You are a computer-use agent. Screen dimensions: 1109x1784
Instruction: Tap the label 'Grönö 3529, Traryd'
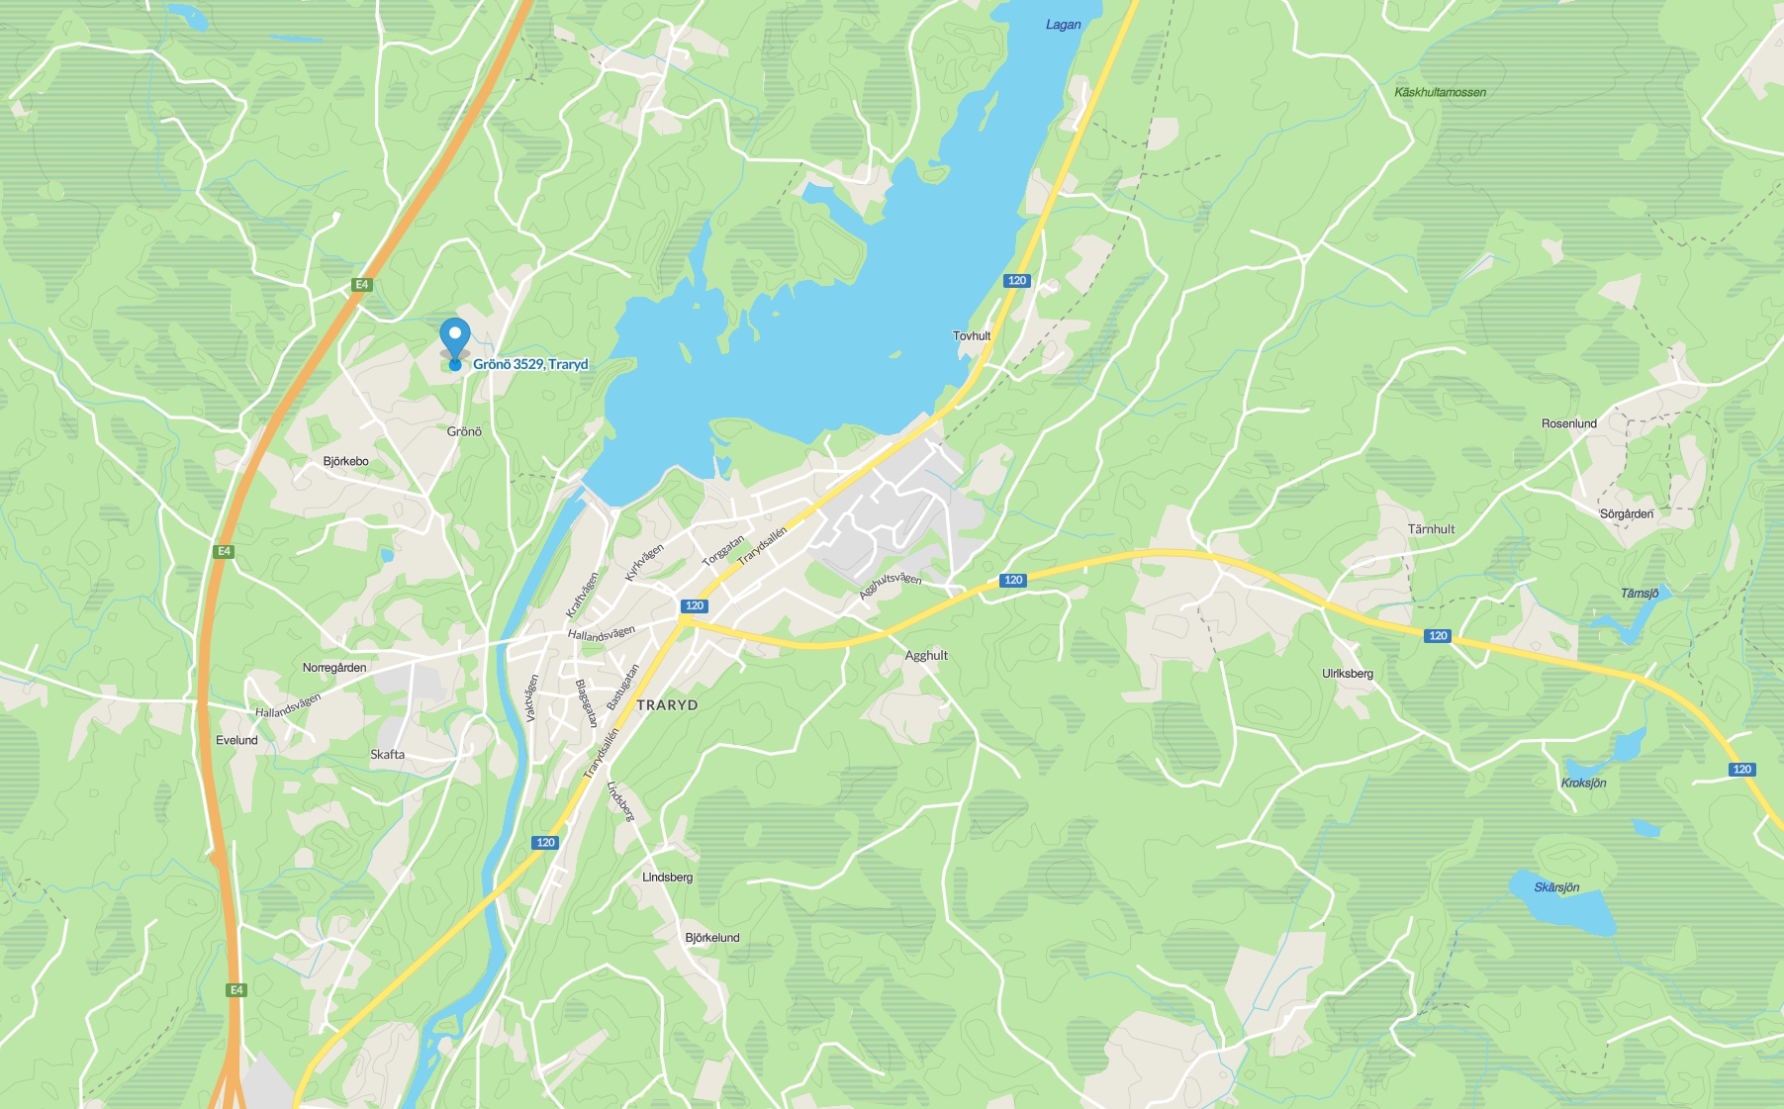[x=530, y=364]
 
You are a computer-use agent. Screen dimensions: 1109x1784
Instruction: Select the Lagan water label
[x=1063, y=25]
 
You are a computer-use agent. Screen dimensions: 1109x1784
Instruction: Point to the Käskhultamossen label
[x=1440, y=92]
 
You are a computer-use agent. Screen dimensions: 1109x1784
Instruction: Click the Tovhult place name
[x=972, y=336]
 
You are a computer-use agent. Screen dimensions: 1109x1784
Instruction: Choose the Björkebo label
[x=345, y=461]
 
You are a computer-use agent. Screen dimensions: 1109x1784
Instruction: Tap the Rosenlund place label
[x=1568, y=423]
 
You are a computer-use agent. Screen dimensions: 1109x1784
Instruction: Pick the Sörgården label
[x=1627, y=513]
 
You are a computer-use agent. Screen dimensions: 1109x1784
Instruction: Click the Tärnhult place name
[x=1431, y=529]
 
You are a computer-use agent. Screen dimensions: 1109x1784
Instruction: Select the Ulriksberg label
[x=1347, y=674]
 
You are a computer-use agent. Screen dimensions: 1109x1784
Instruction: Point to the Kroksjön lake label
[x=1583, y=783]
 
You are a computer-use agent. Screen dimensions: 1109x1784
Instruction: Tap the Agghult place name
[x=926, y=655]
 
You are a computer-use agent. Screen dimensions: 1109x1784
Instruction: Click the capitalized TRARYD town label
[x=667, y=705]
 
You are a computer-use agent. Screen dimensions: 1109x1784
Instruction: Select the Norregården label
[x=334, y=668]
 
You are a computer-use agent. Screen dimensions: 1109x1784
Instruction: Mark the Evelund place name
[x=236, y=740]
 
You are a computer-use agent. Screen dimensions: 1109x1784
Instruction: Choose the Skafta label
[x=387, y=754]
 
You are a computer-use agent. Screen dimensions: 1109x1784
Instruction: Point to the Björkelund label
[x=711, y=938]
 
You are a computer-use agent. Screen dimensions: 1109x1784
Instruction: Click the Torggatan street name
[x=722, y=551]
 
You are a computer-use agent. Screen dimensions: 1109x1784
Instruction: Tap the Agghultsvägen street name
[x=890, y=584]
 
